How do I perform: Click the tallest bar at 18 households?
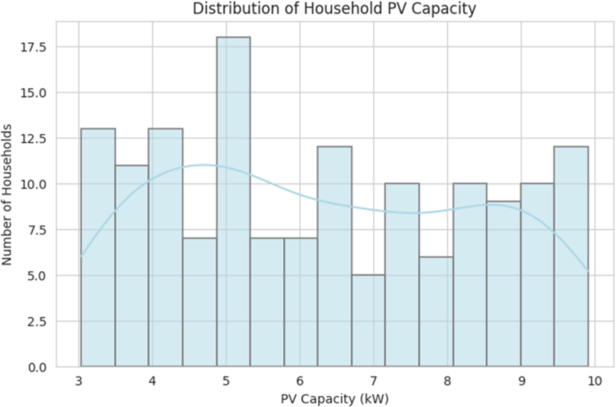(233, 202)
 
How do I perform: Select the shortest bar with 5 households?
(368, 321)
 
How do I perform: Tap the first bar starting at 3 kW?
(98, 248)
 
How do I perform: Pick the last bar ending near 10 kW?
(571, 257)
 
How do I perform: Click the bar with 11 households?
(132, 266)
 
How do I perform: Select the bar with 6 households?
(436, 312)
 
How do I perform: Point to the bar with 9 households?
(504, 285)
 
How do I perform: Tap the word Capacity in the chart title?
(441, 10)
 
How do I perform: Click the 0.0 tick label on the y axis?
(39, 367)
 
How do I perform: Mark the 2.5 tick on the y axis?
(39, 322)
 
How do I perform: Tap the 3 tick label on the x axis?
(79, 381)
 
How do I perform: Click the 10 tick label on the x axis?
(593, 381)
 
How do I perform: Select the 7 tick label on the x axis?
(373, 381)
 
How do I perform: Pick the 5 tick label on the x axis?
(226, 381)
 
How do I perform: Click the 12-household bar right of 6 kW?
(335, 257)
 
